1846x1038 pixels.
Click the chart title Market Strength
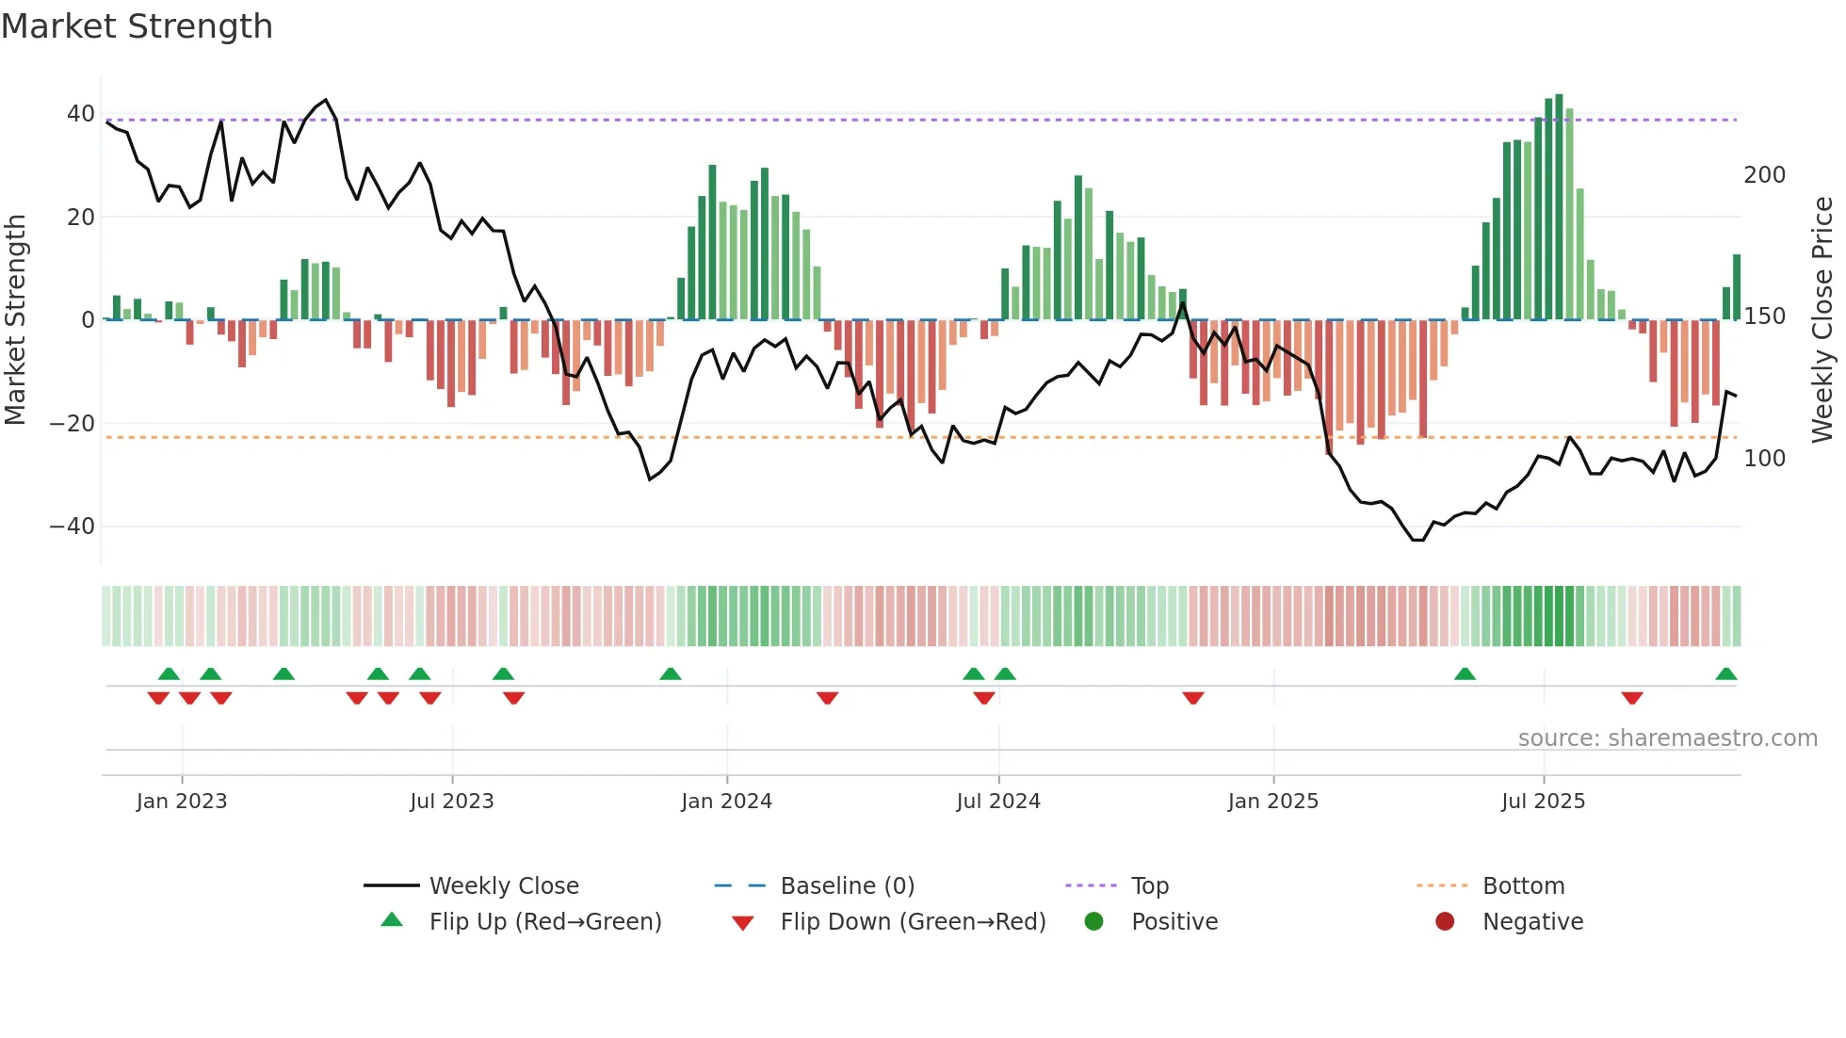[x=137, y=26]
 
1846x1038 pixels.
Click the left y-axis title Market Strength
[x=16, y=319]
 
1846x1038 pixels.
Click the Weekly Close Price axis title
[x=1822, y=319]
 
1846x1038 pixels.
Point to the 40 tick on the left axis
[x=81, y=114]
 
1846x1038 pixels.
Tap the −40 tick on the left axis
[x=73, y=526]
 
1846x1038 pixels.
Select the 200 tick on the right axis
[x=1764, y=175]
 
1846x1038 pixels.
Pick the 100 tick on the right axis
[x=1764, y=459]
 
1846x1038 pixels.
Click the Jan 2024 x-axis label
[x=726, y=802]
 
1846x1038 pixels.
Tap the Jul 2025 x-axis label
[x=1543, y=802]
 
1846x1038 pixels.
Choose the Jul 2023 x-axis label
[x=451, y=802]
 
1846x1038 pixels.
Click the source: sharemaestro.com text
[x=1667, y=738]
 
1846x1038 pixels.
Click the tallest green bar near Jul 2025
[x=1559, y=207]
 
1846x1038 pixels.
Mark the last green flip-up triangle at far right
[x=1725, y=674]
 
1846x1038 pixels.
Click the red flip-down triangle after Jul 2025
[x=1632, y=698]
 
